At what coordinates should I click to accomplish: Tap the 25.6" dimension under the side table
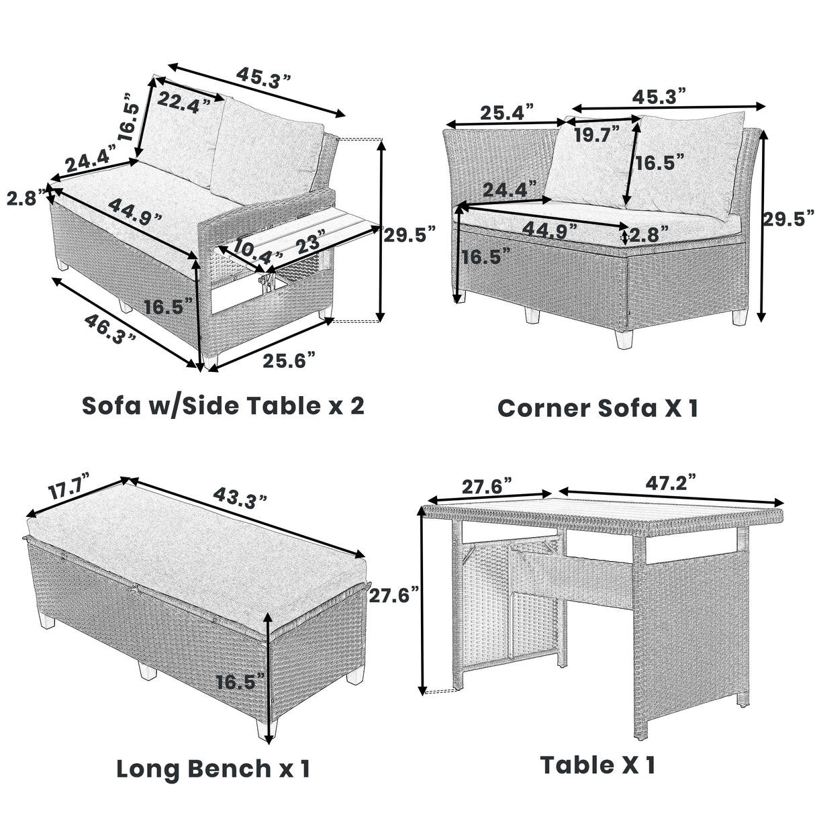(289, 361)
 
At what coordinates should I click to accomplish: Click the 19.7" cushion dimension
(597, 135)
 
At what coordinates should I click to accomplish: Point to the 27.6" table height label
(394, 595)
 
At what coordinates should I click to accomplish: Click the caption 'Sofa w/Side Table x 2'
(223, 405)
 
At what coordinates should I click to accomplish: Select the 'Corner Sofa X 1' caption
(597, 407)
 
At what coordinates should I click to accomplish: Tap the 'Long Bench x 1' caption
(213, 768)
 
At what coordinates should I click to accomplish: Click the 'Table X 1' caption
(597, 765)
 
